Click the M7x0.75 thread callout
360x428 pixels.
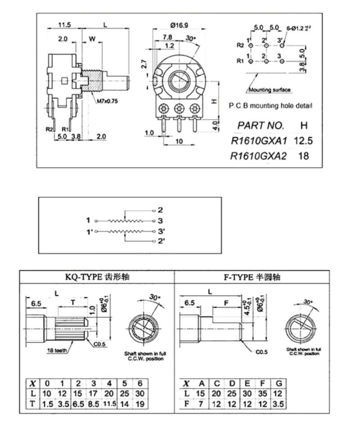click(x=107, y=101)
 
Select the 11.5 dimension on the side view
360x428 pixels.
click(x=63, y=25)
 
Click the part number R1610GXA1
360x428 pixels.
click(x=258, y=141)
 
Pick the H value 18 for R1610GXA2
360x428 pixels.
click(x=303, y=156)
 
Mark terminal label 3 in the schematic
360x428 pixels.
click(x=160, y=220)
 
